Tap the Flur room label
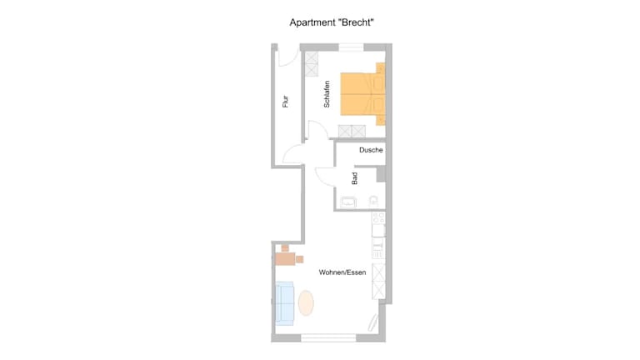pyautogui.click(x=285, y=101)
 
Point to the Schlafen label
pyautogui.click(x=327, y=94)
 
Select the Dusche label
pyautogui.click(x=371, y=150)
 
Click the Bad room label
pyautogui.click(x=354, y=178)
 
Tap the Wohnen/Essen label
pyautogui.click(x=342, y=272)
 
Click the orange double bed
pyautogui.click(x=362, y=94)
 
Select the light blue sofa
pyautogui.click(x=285, y=303)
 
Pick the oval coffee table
pyautogui.click(x=306, y=302)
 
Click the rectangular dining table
pyautogui.click(x=285, y=259)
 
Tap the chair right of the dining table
pyautogui.click(x=300, y=259)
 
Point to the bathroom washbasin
pyautogui.click(x=348, y=202)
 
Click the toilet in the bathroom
pyautogui.click(x=373, y=201)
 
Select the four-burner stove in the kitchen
pyautogui.click(x=378, y=218)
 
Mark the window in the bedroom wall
pyautogui.click(x=351, y=47)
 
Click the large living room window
pyautogui.click(x=328, y=338)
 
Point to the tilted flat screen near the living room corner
pyautogui.click(x=373, y=322)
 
